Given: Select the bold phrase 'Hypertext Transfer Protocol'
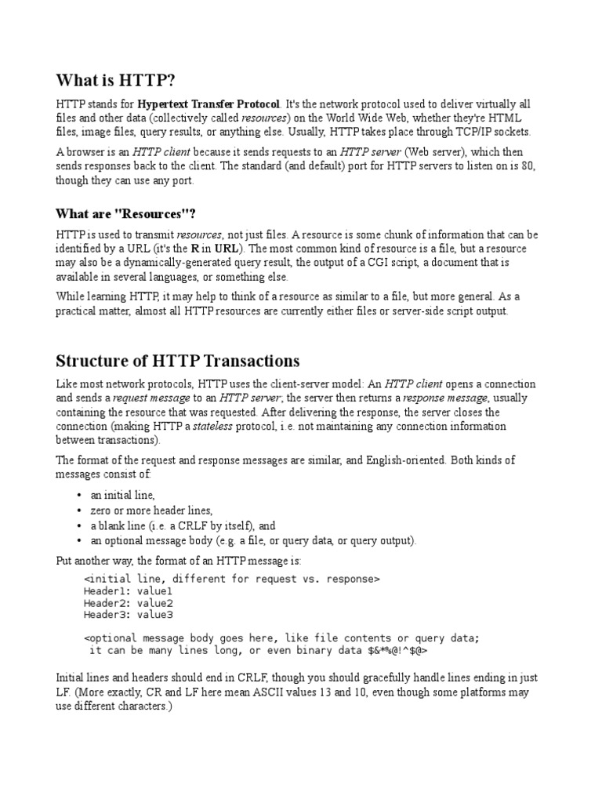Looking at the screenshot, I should click(x=208, y=104).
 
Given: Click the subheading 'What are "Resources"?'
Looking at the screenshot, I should click(x=125, y=213).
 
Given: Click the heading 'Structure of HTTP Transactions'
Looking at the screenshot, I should click(x=177, y=361).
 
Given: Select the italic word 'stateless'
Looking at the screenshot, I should click(x=238, y=427).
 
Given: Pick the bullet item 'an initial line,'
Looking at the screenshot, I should click(x=123, y=496).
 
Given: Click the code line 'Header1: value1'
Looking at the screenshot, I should click(x=129, y=591).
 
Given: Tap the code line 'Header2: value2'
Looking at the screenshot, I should click(x=129, y=603).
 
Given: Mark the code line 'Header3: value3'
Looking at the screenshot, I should click(x=129, y=615).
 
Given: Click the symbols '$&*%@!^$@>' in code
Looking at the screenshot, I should click(x=397, y=650).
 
